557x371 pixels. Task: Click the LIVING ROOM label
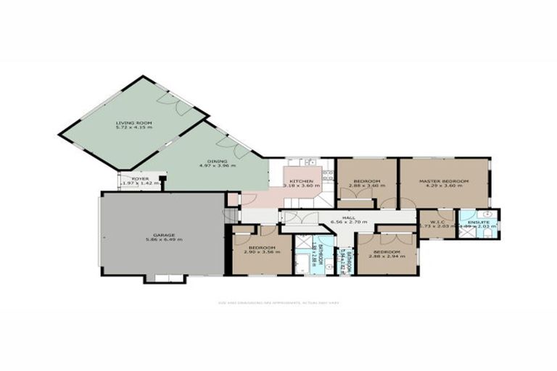[x=135, y=123]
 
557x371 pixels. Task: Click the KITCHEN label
[x=301, y=180]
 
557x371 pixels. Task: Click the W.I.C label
[x=437, y=222]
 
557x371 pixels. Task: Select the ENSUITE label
[x=479, y=222]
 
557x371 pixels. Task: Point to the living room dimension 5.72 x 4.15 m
[x=135, y=129]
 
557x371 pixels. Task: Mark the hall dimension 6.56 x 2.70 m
[x=349, y=222]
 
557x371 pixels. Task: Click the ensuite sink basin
[x=487, y=214]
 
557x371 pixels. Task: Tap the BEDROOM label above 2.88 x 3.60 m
[x=367, y=180]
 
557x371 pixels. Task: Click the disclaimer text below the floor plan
[x=278, y=302]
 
